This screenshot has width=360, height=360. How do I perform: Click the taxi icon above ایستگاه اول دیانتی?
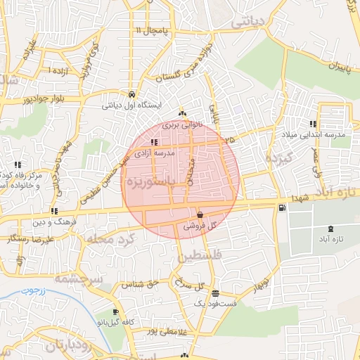coord(131,94)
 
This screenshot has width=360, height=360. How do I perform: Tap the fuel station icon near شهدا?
coord(282,207)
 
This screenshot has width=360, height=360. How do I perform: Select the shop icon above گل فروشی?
coord(200,215)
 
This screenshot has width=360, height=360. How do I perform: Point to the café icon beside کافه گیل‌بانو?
coord(115,311)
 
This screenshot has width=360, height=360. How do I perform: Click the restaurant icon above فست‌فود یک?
coord(215,293)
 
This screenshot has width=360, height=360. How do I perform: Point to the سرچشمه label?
coord(77,280)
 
